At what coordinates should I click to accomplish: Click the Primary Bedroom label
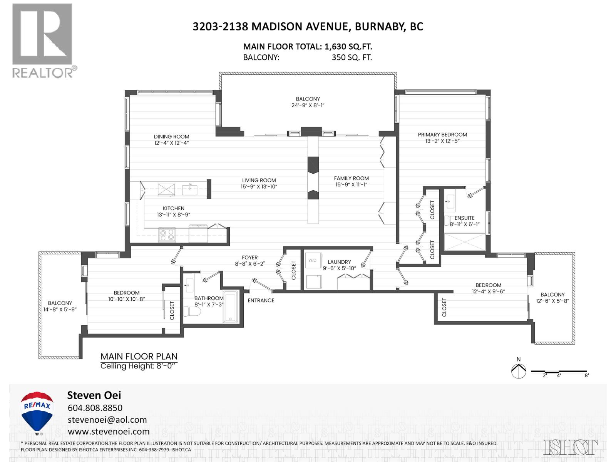tap(442, 135)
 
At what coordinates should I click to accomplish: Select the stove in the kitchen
tap(167, 234)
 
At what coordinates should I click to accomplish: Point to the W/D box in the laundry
tap(312, 261)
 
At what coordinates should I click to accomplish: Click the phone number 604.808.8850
tap(95, 408)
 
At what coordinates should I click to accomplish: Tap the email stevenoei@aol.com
tap(107, 420)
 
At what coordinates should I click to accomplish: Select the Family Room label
tap(351, 178)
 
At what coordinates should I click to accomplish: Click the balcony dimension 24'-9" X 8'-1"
tap(308, 105)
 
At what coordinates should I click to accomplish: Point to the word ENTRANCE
tap(261, 300)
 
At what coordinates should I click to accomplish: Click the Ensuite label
tap(464, 218)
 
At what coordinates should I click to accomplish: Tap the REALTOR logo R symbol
tap(42, 34)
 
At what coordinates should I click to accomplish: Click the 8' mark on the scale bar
tap(586, 375)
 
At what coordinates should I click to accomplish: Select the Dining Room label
tap(171, 137)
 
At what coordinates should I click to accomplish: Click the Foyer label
tap(249, 258)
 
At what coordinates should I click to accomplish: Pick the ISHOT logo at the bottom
tap(571, 447)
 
